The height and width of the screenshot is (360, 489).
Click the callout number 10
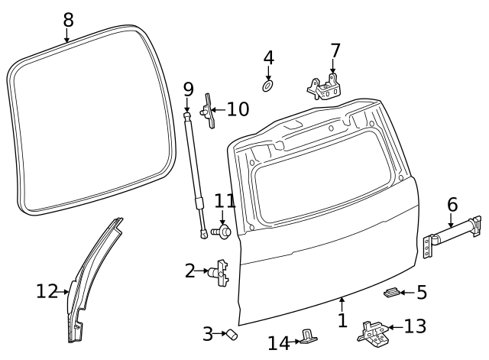(237, 109)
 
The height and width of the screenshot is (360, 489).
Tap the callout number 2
(189, 270)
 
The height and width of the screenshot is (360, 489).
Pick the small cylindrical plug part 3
(230, 334)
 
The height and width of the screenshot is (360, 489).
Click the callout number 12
(47, 290)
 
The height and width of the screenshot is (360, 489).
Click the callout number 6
(452, 204)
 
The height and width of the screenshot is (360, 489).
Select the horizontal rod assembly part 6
(451, 235)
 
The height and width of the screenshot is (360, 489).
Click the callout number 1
(342, 321)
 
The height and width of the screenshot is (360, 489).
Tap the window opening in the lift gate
(321, 191)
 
